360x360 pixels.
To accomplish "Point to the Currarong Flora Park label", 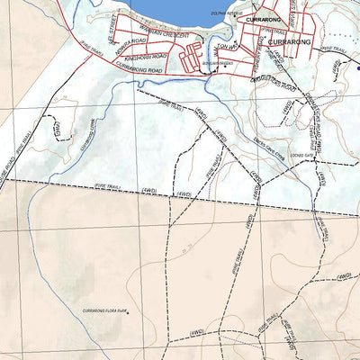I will coord(104,310).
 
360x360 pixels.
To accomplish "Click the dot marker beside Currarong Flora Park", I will coord(128,313).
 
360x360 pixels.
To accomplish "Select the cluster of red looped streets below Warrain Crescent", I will coord(192,56).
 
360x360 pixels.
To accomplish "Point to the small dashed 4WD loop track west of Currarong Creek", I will coord(56,133).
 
